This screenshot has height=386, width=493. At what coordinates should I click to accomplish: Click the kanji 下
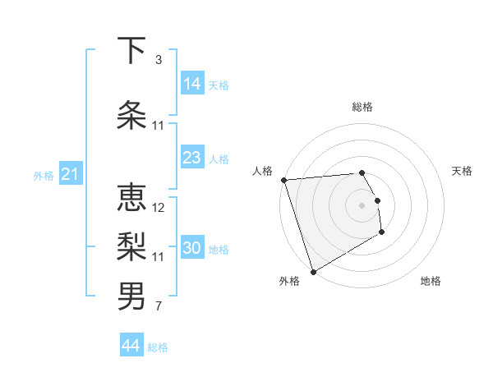click(x=131, y=52)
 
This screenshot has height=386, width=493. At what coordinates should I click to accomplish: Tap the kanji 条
click(x=131, y=115)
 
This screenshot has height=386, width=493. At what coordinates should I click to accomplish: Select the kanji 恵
click(x=131, y=200)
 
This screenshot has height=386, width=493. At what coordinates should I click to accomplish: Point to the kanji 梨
click(x=131, y=247)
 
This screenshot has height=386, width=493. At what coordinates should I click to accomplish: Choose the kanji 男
click(x=131, y=296)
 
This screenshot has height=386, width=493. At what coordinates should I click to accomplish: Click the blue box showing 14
click(x=192, y=83)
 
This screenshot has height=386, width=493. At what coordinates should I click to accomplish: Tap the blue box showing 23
click(x=192, y=158)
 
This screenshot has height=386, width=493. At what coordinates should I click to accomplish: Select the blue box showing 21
click(x=71, y=174)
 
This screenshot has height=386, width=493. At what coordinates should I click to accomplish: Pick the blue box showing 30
click(x=192, y=248)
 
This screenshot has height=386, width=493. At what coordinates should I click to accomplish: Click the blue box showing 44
click(x=131, y=346)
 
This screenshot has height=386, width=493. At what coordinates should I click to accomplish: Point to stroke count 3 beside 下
click(x=158, y=60)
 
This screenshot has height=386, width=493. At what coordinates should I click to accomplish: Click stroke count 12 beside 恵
click(x=159, y=208)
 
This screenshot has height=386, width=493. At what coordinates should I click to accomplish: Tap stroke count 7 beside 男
click(x=158, y=307)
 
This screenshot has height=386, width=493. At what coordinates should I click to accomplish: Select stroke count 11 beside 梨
click(x=159, y=257)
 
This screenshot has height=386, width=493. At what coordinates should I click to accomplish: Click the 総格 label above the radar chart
click(x=362, y=107)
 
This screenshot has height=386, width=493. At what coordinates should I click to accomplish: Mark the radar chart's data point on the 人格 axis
click(x=283, y=180)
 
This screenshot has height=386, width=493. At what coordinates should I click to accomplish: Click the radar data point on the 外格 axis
click(x=312, y=271)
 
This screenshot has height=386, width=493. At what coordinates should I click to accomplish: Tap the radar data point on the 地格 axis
click(x=382, y=233)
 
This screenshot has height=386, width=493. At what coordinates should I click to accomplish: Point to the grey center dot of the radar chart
click(x=362, y=204)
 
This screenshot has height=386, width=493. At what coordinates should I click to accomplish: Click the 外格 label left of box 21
click(x=44, y=175)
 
